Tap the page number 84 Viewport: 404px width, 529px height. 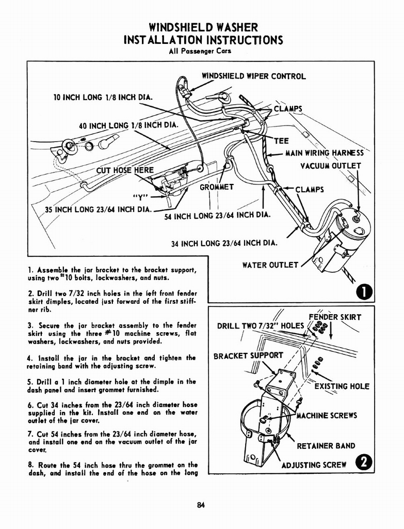tap(201, 506)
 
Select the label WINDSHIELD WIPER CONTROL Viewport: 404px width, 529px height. tap(253, 76)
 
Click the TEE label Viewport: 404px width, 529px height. tap(281, 141)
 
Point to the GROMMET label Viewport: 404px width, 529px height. tap(217, 186)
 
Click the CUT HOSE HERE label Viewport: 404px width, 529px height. tap(125, 170)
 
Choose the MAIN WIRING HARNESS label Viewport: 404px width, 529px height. tap(326, 153)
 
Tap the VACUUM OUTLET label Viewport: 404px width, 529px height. tap(331, 166)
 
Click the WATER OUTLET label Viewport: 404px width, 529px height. tap(270, 265)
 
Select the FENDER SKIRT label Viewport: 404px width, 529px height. tap(334, 317)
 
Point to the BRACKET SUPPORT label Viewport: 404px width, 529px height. tap(248, 355)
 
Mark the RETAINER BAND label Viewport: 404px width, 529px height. tap(326, 446)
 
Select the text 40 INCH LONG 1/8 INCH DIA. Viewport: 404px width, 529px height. tap(128, 125)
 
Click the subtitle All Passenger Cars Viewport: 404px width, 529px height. tap(201, 51)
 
